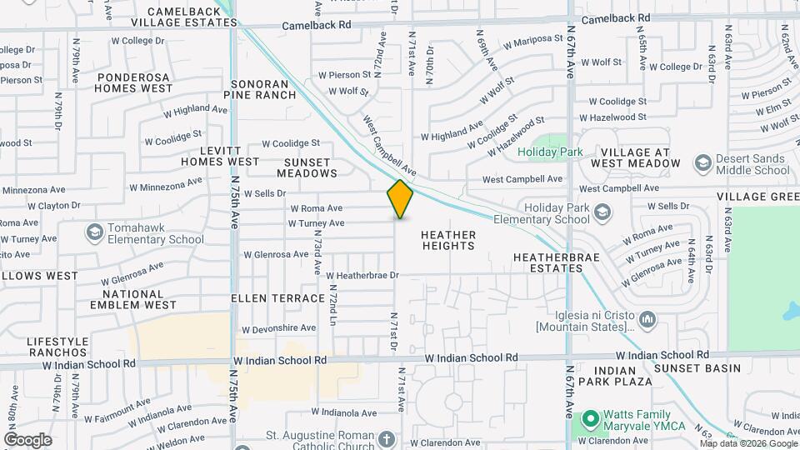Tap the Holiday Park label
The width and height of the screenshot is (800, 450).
550,152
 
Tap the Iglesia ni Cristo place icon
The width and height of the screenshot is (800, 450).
647,318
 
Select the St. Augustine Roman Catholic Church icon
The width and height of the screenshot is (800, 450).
386,439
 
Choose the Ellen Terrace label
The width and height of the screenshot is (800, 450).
277,297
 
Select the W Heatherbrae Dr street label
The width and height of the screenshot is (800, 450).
363,275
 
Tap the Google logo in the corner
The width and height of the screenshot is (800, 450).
27,440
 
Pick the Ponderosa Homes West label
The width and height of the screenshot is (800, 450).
133,82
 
